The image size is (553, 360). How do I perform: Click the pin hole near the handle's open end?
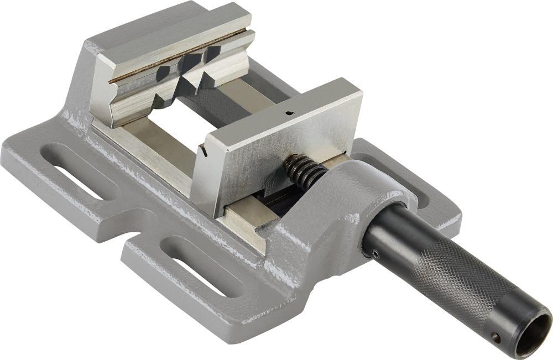click(x=496, y=337)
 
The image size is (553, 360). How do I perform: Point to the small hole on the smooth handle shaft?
click(x=375, y=253)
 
